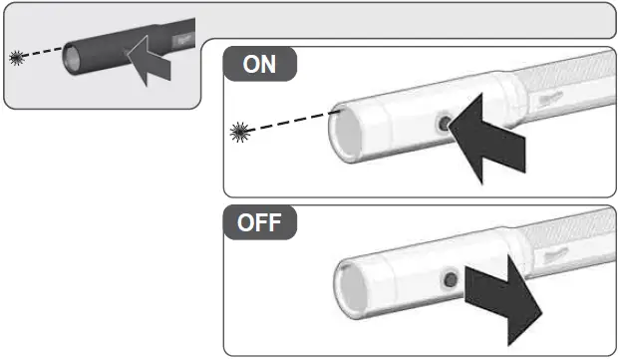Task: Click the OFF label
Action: [262, 223]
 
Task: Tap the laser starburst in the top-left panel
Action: [16, 59]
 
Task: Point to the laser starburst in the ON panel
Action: [239, 130]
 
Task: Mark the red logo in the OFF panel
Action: [558, 256]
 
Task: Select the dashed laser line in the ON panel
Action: [289, 122]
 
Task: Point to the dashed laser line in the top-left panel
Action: [42, 55]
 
